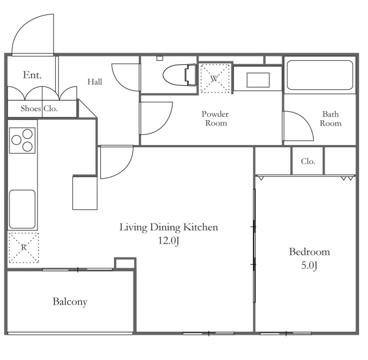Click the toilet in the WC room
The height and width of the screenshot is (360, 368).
click(x=179, y=75)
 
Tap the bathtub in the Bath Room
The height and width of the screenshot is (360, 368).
click(x=320, y=75)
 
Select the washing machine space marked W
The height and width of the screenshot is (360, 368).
click(x=215, y=78)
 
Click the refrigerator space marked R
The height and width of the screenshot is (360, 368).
click(x=23, y=248)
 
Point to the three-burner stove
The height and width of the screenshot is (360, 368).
click(x=22, y=141)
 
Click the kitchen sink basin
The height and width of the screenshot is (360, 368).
click(x=22, y=209)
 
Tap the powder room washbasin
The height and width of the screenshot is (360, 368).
click(x=258, y=80)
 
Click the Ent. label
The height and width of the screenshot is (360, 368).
click(x=32, y=75)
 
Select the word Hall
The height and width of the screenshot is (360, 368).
click(x=95, y=82)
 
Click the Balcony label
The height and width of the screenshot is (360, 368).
click(x=70, y=302)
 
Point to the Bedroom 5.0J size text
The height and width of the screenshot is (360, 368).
click(x=309, y=265)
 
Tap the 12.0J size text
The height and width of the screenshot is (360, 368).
click(x=169, y=241)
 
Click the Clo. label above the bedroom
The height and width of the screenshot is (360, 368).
click(x=308, y=161)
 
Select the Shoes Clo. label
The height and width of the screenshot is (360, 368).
click(x=39, y=109)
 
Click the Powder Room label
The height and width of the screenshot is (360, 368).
click(x=215, y=119)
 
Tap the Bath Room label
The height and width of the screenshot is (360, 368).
click(x=330, y=119)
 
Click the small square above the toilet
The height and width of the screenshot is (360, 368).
click(x=160, y=58)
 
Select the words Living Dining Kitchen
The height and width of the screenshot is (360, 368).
click(x=169, y=227)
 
